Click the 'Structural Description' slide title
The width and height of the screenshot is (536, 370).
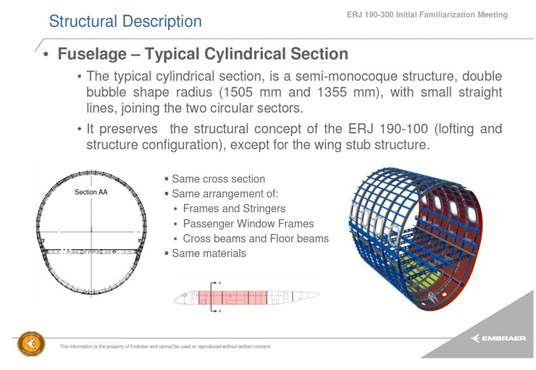pos(125,22)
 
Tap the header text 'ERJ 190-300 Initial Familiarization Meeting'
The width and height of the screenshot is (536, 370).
pos(427,14)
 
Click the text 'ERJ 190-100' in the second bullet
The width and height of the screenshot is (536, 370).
pos(388,129)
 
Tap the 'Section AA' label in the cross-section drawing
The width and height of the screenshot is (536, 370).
pos(91,192)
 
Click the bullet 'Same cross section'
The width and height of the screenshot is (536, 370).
pos(219,179)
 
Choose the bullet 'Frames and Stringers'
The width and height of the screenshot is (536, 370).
pos(234,209)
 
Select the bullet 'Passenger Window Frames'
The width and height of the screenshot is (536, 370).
pos(248,224)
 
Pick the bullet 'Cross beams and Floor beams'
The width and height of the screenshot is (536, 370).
pos(256,238)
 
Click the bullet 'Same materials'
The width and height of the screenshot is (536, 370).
pos(209,253)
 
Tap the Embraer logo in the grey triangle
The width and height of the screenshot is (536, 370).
pos(498,338)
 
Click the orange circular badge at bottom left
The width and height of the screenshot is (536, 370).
pos(31,344)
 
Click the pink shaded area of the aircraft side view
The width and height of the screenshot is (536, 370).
pos(233,298)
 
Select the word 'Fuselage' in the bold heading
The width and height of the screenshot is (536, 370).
pos(92,54)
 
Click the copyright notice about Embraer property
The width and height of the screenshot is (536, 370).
pos(165,346)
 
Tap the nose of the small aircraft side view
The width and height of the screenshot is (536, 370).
pos(175,300)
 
